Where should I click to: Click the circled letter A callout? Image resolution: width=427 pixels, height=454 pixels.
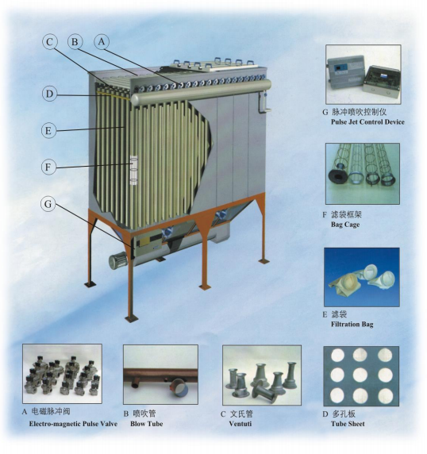pyautogui.click(x=102, y=42)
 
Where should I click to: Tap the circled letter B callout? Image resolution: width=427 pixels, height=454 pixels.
pyautogui.click(x=75, y=42)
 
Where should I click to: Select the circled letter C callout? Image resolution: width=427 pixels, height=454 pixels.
pyautogui.click(x=50, y=42)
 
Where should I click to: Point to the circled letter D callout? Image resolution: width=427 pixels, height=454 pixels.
pyautogui.click(x=49, y=94)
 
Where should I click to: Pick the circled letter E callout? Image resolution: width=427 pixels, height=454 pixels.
pyautogui.click(x=48, y=131)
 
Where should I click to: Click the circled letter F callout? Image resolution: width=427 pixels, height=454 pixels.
pyautogui.click(x=48, y=167)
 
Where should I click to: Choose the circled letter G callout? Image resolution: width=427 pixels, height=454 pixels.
pyautogui.click(x=48, y=203)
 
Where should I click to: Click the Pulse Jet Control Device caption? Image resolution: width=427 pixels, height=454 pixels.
pyautogui.click(x=367, y=122)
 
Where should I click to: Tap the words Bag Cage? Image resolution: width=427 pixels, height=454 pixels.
pyautogui.click(x=345, y=225)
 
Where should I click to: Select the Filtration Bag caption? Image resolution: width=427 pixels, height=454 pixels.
pyautogui.click(x=352, y=324)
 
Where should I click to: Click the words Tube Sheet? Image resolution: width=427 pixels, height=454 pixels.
pyautogui.click(x=348, y=424)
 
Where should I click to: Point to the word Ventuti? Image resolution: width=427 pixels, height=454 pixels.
pyautogui.click(x=240, y=424)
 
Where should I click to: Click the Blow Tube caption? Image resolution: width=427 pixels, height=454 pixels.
pyautogui.click(x=147, y=424)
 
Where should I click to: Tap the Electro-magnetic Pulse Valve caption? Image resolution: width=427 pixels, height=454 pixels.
pyautogui.click(x=73, y=424)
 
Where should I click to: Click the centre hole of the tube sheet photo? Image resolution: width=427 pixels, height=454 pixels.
pyautogui.click(x=360, y=375)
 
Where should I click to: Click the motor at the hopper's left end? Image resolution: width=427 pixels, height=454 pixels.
pyautogui.click(x=118, y=260)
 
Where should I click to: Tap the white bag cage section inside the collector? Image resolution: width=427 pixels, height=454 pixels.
pyautogui.click(x=134, y=170)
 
